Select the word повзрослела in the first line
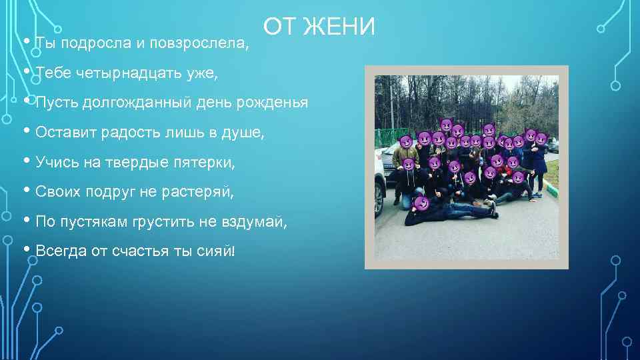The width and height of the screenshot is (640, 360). coord(199,44)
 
